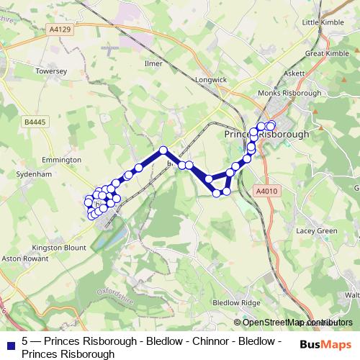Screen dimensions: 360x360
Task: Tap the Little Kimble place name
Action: (320, 23)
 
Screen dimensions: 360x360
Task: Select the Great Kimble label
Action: (326, 53)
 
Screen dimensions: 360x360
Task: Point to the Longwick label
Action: (210, 81)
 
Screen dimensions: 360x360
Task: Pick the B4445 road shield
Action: (33, 123)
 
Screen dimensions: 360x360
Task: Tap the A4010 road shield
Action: (265, 191)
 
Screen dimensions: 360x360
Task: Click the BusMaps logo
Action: (326, 345)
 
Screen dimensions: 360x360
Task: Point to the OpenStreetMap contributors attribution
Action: (297, 322)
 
